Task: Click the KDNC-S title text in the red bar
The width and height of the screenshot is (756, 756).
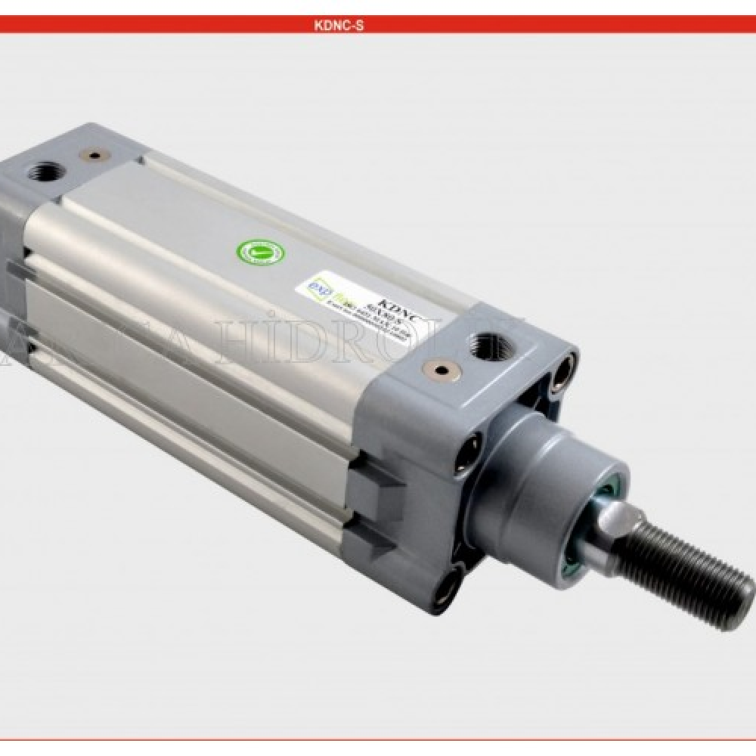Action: click(339, 25)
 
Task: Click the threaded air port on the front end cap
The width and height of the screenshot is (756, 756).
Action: click(483, 347)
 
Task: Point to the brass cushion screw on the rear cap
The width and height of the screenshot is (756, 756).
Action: click(94, 156)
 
